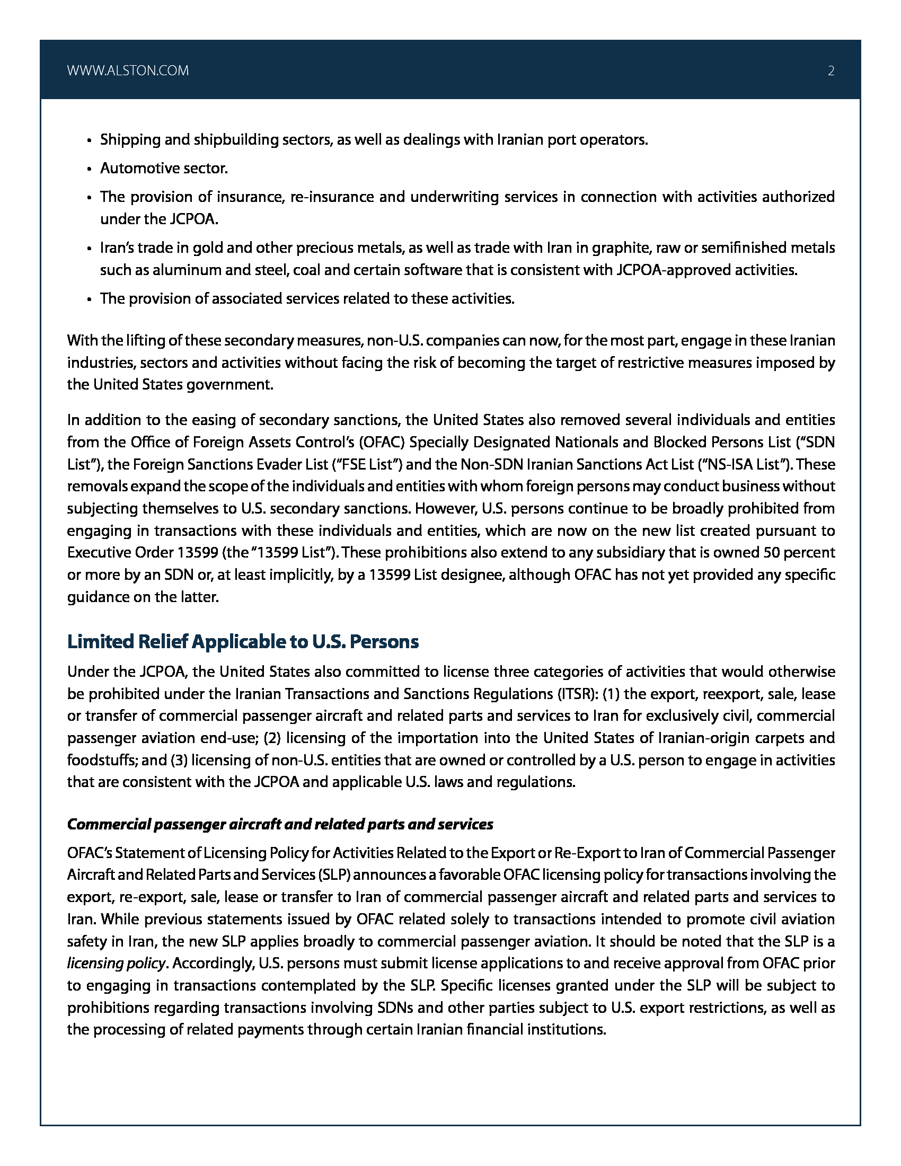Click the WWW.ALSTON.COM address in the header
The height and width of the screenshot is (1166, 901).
pyautogui.click(x=128, y=71)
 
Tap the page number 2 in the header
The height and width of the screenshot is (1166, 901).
pyautogui.click(x=831, y=71)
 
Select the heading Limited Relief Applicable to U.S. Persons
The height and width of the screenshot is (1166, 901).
pyautogui.click(x=243, y=641)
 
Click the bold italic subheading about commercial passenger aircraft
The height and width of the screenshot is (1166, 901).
pyautogui.click(x=280, y=824)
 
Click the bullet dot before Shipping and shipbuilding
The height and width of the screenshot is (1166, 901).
pyautogui.click(x=90, y=140)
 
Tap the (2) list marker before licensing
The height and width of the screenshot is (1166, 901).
pyautogui.click(x=273, y=738)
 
